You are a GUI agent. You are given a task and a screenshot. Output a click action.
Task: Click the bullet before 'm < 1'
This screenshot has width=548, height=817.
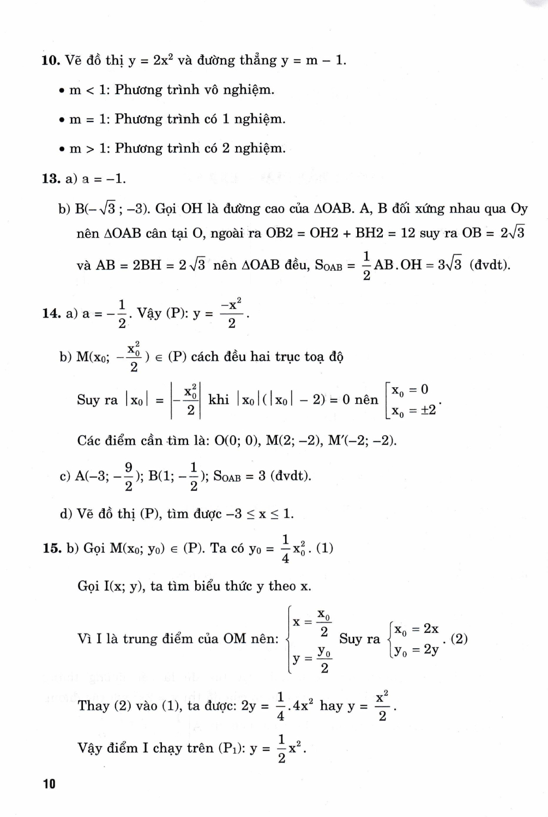[63, 90]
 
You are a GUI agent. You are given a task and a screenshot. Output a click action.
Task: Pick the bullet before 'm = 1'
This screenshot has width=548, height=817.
[63, 120]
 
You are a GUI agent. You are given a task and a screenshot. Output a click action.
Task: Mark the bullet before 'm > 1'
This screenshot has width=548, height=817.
[63, 149]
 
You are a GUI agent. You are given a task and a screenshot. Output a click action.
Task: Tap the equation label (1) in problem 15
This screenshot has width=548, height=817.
[324, 548]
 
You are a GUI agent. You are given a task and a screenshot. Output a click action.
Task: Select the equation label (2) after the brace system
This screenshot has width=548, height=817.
[459, 639]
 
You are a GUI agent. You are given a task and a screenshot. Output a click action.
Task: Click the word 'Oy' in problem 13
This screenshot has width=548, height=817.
[519, 209]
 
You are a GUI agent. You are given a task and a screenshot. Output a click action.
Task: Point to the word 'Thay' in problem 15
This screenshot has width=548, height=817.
[94, 706]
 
